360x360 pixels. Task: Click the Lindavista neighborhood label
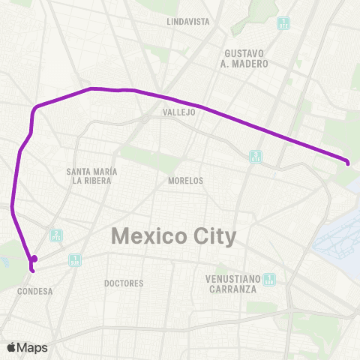coord(188,22)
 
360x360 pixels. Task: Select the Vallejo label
coord(178,112)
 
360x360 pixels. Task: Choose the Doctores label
coord(124,283)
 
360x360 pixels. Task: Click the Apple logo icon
coord(10,347)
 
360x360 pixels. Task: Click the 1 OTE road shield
coord(283,22)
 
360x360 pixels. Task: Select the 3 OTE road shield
coord(256,156)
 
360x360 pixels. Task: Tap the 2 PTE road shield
coord(56,235)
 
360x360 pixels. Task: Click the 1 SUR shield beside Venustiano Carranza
coord(269,280)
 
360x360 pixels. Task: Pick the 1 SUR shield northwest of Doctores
coord(75,259)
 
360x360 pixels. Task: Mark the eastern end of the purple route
coord(348,162)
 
